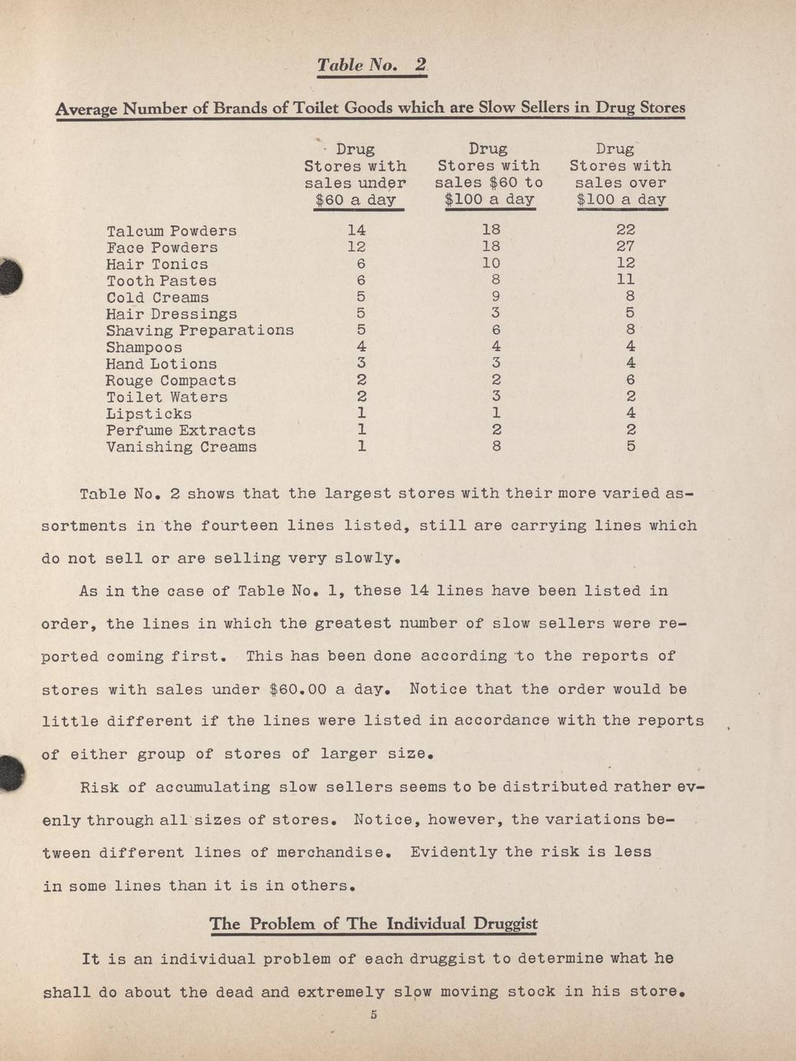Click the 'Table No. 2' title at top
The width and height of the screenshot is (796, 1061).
pyautogui.click(x=372, y=65)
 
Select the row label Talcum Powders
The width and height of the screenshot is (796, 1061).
pyautogui.click(x=172, y=231)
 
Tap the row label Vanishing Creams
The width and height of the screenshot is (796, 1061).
pyautogui.click(x=182, y=447)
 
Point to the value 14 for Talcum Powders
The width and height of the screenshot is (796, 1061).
pyautogui.click(x=356, y=229)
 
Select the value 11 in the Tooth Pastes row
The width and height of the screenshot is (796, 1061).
pyautogui.click(x=625, y=280)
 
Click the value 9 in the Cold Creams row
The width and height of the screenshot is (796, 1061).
pyautogui.click(x=496, y=297)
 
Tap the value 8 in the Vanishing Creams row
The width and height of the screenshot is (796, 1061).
pyautogui.click(x=496, y=445)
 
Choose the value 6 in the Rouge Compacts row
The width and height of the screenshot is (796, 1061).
pyautogui.click(x=630, y=380)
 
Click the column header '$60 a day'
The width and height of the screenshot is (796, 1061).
pyautogui.click(x=355, y=200)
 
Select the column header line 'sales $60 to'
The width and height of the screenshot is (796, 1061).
pyautogui.click(x=488, y=183)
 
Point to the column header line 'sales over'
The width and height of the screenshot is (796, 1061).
pyautogui.click(x=620, y=183)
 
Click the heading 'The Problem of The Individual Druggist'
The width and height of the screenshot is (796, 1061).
pyautogui.click(x=373, y=923)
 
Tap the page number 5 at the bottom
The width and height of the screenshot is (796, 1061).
pyautogui.click(x=373, y=1015)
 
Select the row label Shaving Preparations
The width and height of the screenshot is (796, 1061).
pyautogui.click(x=200, y=330)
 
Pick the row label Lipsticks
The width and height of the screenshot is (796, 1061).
pyautogui.click(x=148, y=414)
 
